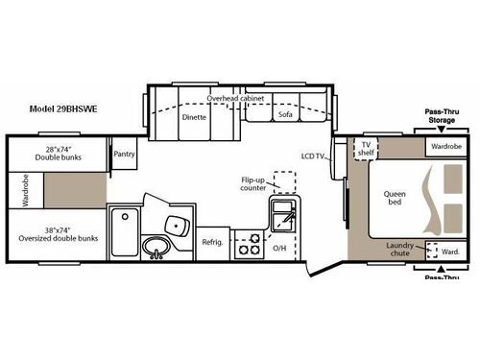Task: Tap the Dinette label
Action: pos(194,116)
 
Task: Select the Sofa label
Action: pos(285,114)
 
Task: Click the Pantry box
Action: pos(124,154)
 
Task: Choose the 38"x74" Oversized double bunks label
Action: pos(60,234)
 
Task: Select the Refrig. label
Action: pos(212,242)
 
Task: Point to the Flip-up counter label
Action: pos(253,183)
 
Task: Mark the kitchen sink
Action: pos(284,217)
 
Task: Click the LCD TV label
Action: pos(313,155)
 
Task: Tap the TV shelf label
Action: pos(366,150)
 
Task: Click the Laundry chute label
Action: pos(400,250)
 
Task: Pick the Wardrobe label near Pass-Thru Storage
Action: pos(446,147)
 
